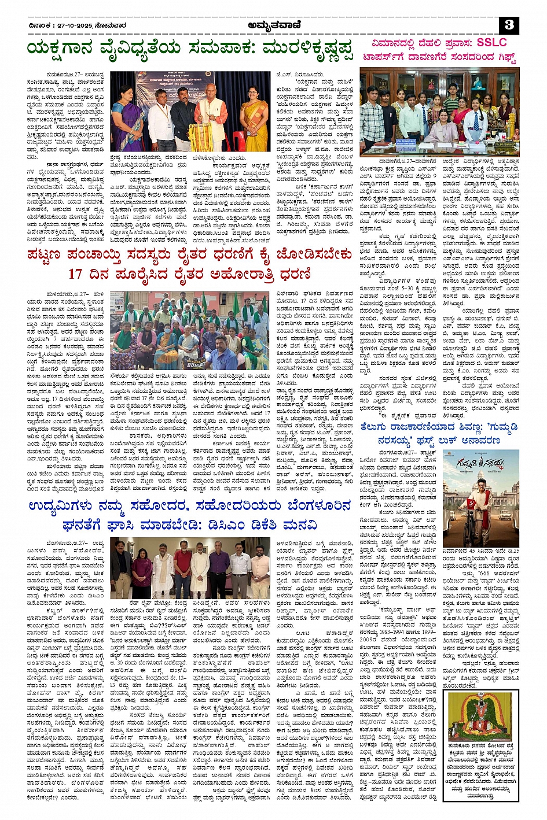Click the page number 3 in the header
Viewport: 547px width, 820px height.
[x=509, y=25]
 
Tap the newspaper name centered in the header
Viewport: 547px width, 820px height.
[x=273, y=25]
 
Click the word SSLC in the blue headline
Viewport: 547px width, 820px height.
[x=491, y=43]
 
